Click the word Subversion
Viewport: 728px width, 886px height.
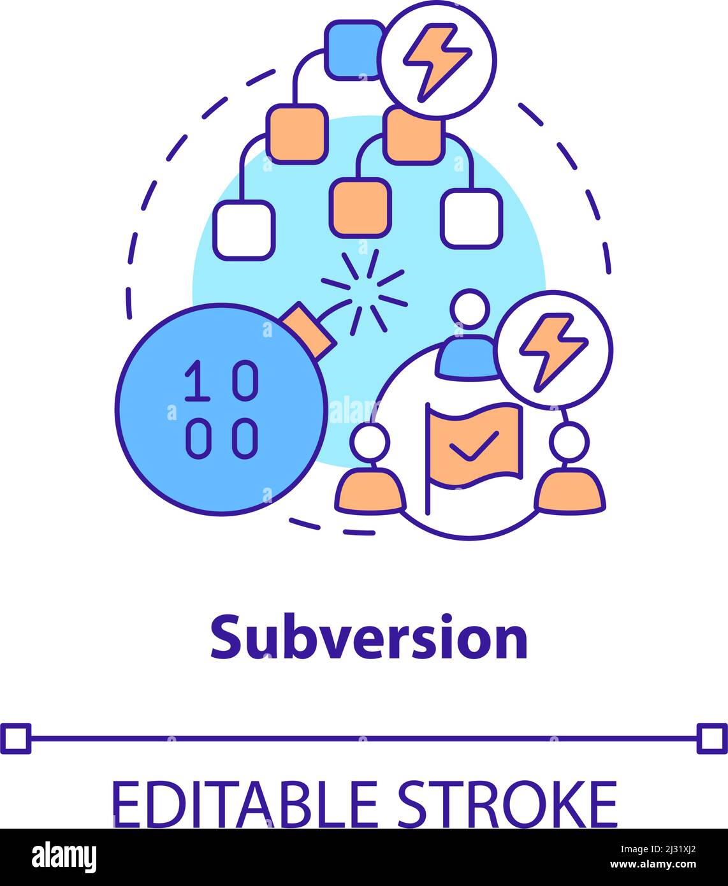(368, 637)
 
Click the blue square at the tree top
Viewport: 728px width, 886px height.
(354, 49)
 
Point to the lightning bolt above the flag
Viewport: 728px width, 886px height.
(553, 349)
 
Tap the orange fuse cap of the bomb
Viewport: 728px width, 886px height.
(309, 330)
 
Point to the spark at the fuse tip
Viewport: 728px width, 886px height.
(365, 291)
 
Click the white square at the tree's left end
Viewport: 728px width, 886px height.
(244, 230)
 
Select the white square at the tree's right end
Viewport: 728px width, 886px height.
(472, 218)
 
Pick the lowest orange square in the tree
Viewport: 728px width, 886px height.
(360, 207)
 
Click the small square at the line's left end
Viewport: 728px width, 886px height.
(15, 738)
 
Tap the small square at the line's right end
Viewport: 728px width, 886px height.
(712, 738)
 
